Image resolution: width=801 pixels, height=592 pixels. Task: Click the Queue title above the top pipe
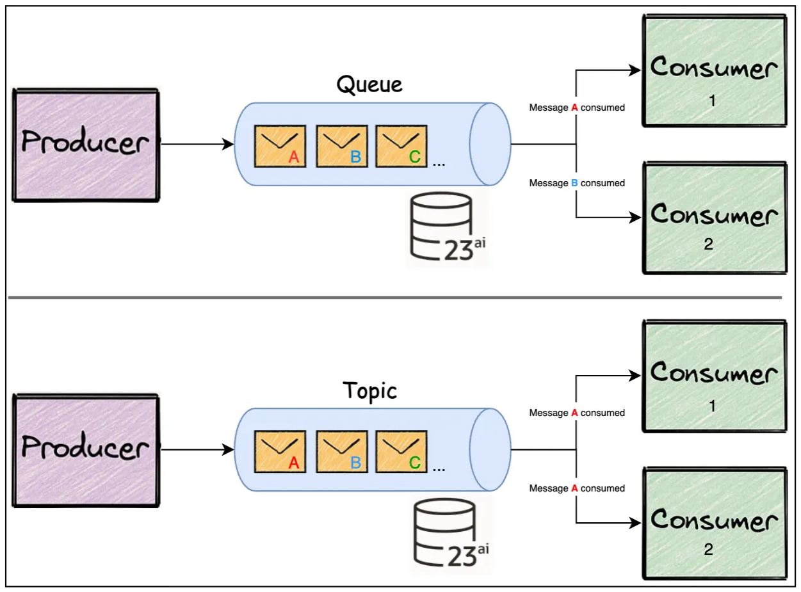(x=369, y=84)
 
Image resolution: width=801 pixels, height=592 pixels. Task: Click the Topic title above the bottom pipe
(x=369, y=390)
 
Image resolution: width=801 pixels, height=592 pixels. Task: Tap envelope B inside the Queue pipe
(x=341, y=146)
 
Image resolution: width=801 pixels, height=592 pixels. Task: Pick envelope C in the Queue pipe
(x=401, y=146)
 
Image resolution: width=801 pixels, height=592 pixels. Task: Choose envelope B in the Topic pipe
(x=341, y=451)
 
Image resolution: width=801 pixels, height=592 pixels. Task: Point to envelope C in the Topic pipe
(x=401, y=451)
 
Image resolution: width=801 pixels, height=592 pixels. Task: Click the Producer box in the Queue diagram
(x=85, y=145)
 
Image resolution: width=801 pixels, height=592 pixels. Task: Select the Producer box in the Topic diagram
(x=85, y=450)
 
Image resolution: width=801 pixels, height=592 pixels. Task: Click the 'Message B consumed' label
(x=576, y=183)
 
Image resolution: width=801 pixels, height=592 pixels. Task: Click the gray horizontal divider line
(x=394, y=298)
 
